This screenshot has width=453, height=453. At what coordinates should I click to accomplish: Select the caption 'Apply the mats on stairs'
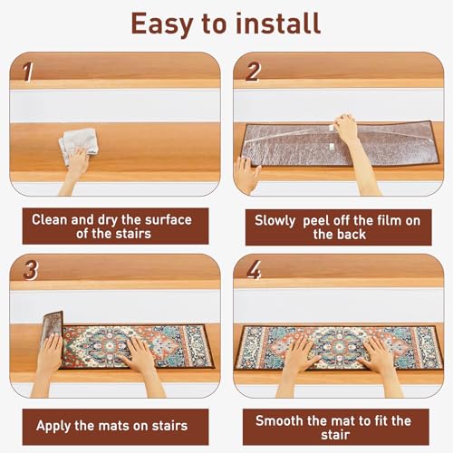click(x=111, y=424)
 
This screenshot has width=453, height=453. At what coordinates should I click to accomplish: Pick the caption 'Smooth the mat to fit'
click(x=333, y=420)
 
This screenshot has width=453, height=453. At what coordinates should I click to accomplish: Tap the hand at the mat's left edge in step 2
click(x=246, y=173)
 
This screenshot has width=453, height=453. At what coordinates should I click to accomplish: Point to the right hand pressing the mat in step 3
click(x=139, y=354)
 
